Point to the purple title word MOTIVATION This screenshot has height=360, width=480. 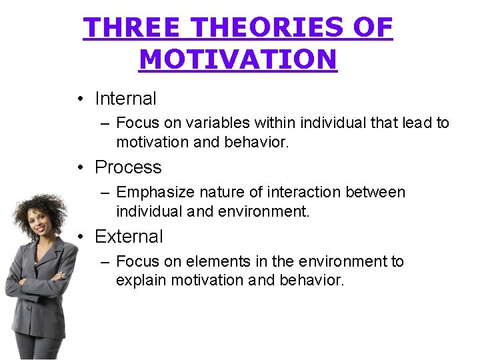[x=238, y=60]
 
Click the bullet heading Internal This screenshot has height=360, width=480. [x=125, y=99]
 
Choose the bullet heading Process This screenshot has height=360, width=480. [x=128, y=167]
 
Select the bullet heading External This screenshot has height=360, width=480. [x=129, y=237]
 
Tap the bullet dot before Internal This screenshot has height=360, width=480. [x=79, y=99]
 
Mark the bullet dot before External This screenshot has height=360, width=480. [x=79, y=237]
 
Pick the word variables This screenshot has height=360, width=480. [x=216, y=123]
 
